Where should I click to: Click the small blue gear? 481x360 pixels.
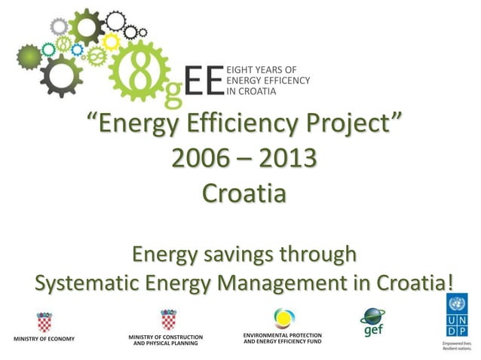click(x=77, y=49)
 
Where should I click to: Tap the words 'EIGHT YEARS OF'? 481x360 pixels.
click(x=259, y=69)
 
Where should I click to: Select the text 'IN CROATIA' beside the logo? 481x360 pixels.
click(x=252, y=91)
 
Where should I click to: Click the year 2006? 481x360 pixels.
click(x=198, y=159)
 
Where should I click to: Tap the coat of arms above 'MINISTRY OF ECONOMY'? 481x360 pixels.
click(x=44, y=322)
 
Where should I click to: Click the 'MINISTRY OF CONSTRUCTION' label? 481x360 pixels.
click(x=165, y=336)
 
